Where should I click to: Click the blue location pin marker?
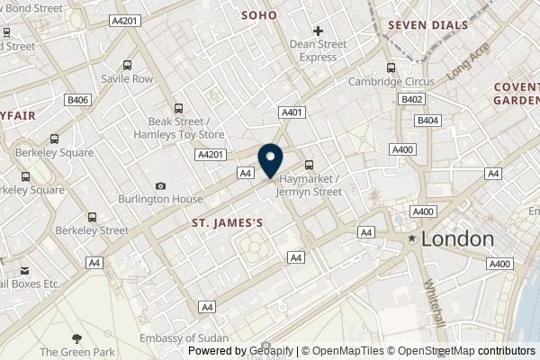pyautogui.click(x=271, y=160)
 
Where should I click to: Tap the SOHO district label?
pyautogui.click(x=259, y=15)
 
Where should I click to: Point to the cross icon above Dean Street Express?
pyautogui.click(x=319, y=31)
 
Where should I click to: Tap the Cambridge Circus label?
pyautogui.click(x=391, y=81)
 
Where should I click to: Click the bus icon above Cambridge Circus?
pyautogui.click(x=391, y=67)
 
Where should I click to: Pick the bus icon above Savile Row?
pyautogui.click(x=127, y=65)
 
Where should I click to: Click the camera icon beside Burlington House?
pyautogui.click(x=160, y=186)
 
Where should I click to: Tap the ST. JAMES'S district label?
pyautogui.click(x=229, y=220)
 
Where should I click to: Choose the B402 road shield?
pyautogui.click(x=413, y=100)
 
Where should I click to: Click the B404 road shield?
pyautogui.click(x=428, y=119)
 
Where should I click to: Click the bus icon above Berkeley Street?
pyautogui.click(x=92, y=216)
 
